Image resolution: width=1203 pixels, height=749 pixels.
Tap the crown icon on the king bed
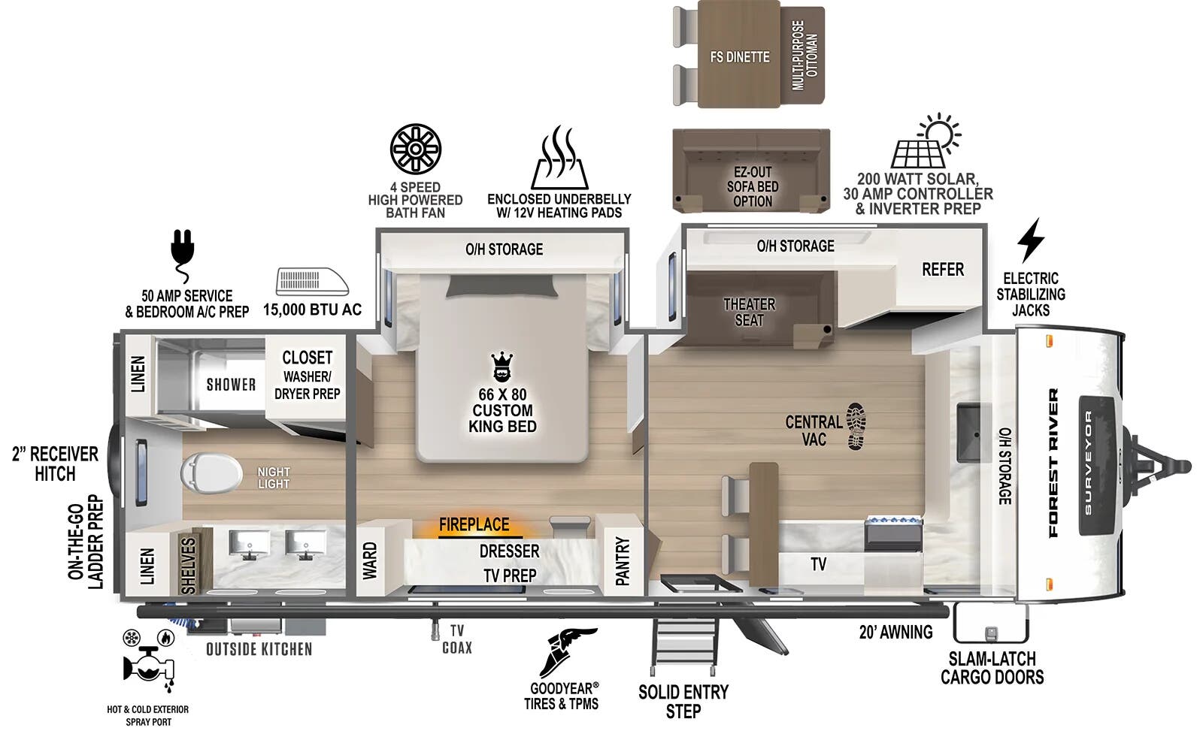502,367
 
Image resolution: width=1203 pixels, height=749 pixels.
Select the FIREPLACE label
474,524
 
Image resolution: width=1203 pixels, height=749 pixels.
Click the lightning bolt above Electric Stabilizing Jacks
1030,241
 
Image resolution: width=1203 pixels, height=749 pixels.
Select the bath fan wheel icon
416,148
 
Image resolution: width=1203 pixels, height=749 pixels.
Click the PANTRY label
623,560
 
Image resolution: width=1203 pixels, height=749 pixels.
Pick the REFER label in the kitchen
943,269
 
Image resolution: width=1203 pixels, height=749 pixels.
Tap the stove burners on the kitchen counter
894,523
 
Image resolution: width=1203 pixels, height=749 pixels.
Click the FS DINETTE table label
740,57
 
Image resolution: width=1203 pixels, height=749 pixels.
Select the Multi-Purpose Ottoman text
805,56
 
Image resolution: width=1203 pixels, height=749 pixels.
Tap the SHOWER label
231,385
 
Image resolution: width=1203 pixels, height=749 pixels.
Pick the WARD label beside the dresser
369,560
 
